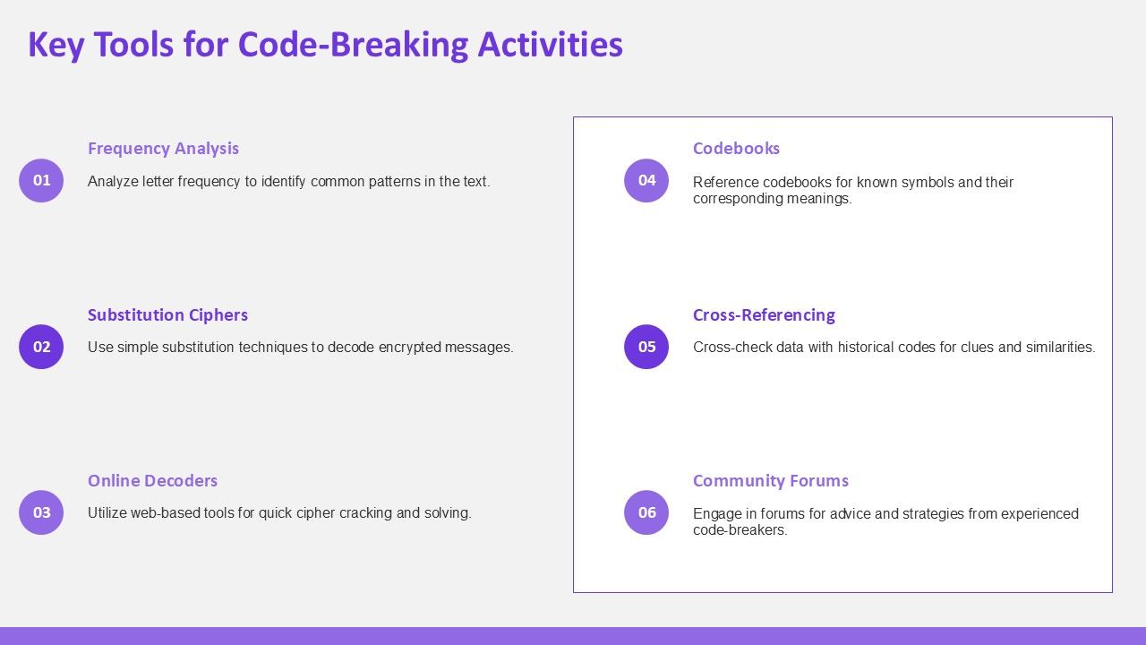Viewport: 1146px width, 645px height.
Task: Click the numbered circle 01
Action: pyautogui.click(x=41, y=180)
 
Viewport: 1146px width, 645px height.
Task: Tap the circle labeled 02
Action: pyautogui.click(x=41, y=347)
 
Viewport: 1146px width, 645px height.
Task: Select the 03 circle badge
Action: pyautogui.click(x=41, y=512)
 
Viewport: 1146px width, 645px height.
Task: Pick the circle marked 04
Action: pyautogui.click(x=646, y=180)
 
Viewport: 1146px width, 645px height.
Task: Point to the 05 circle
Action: pyautogui.click(x=646, y=347)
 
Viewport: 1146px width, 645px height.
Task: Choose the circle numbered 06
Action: pyautogui.click(x=646, y=512)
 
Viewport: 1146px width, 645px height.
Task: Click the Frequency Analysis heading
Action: pyautogui.click(x=163, y=149)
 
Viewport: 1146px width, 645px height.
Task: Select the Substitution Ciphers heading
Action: pyautogui.click(x=167, y=314)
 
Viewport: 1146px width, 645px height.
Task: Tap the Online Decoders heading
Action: pyautogui.click(x=152, y=481)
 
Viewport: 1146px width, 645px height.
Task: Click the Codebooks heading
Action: pyautogui.click(x=736, y=149)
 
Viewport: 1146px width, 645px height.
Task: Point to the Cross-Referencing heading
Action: pyautogui.click(x=764, y=314)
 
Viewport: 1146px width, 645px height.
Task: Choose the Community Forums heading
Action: pyautogui.click(x=771, y=481)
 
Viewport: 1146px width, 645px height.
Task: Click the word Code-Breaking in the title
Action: pyautogui.click(x=353, y=45)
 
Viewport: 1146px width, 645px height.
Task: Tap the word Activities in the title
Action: pyautogui.click(x=551, y=44)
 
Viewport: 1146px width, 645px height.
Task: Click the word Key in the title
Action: pyautogui.click(x=56, y=45)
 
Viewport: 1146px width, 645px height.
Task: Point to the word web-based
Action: pyautogui.click(x=165, y=513)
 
